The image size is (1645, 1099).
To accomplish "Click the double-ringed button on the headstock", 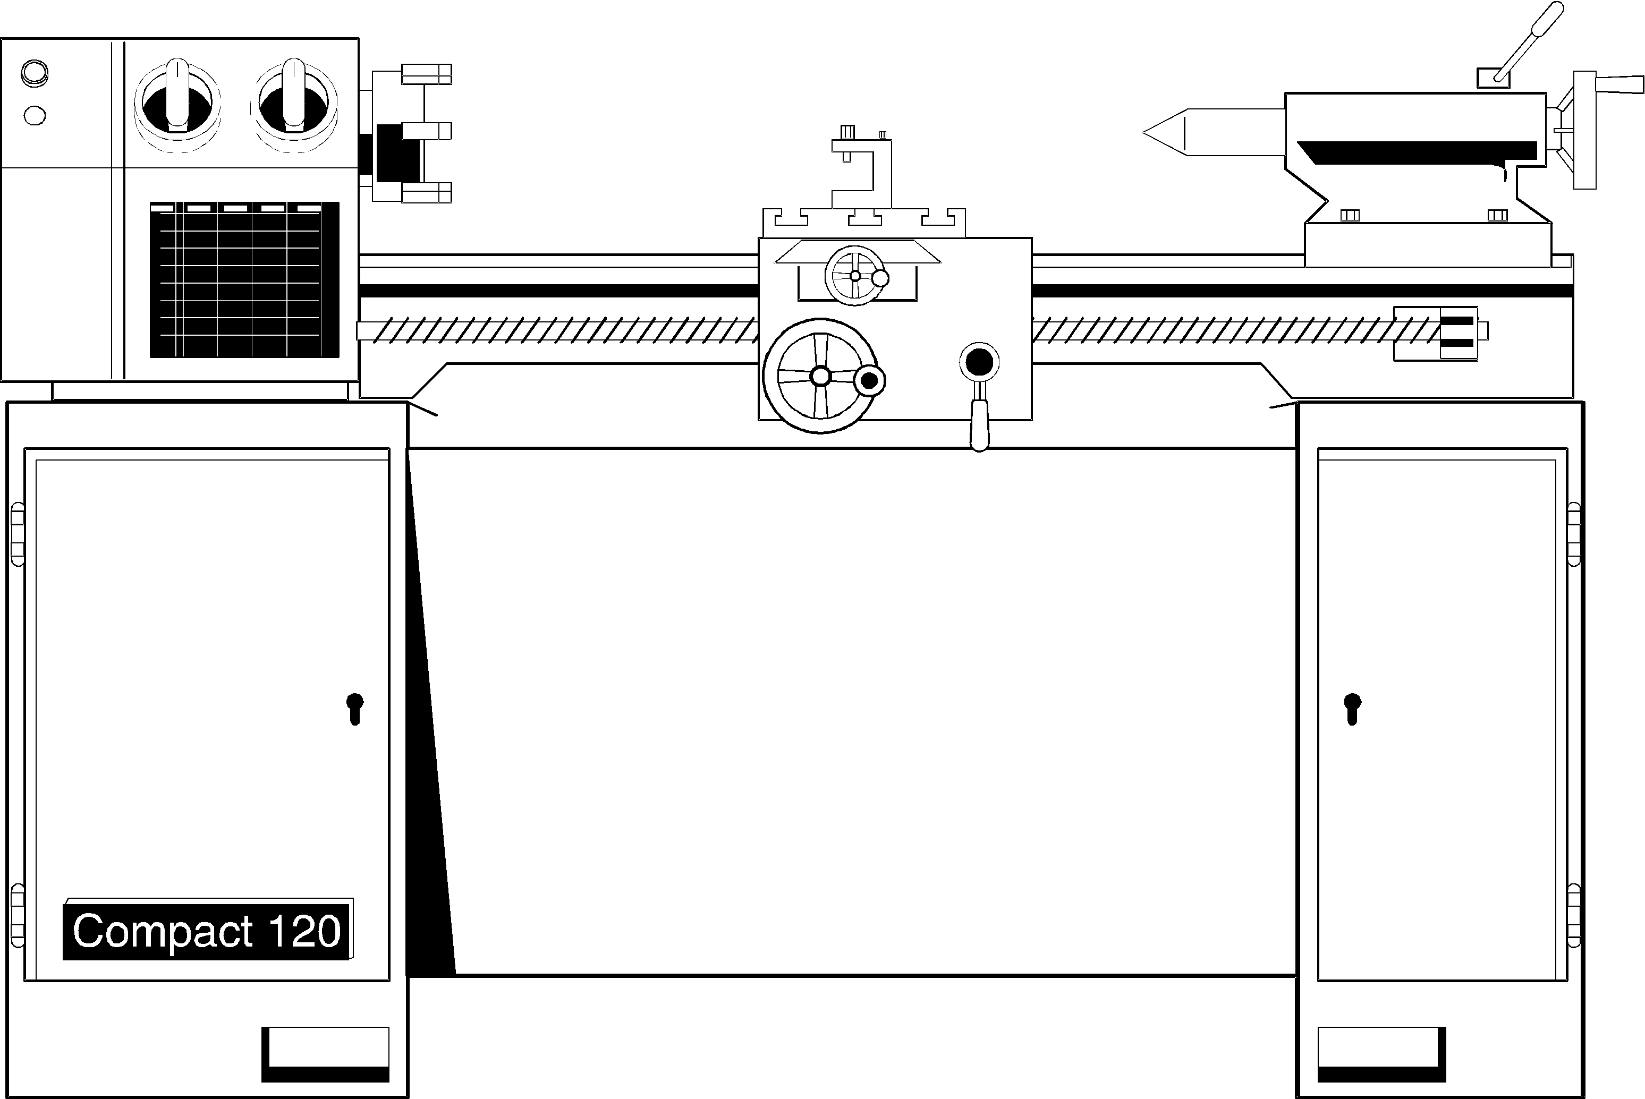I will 35,72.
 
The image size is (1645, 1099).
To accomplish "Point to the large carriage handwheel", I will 820,377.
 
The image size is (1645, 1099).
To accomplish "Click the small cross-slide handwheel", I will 855,276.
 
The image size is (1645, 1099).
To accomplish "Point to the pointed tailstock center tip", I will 1164,132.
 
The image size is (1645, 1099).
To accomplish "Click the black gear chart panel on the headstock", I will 244,280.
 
